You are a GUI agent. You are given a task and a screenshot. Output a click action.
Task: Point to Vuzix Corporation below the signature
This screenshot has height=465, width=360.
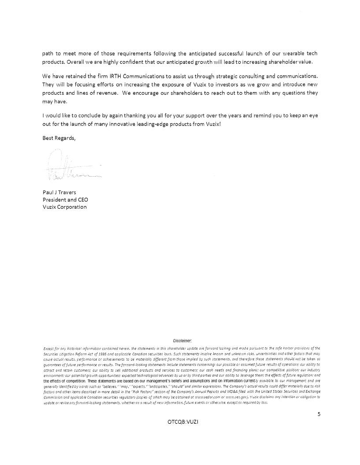(x=64, y=207)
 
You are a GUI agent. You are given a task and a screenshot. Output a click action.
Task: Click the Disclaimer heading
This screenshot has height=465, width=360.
(x=181, y=340)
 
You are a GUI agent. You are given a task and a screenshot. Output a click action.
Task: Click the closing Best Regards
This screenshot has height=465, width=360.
(x=59, y=138)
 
